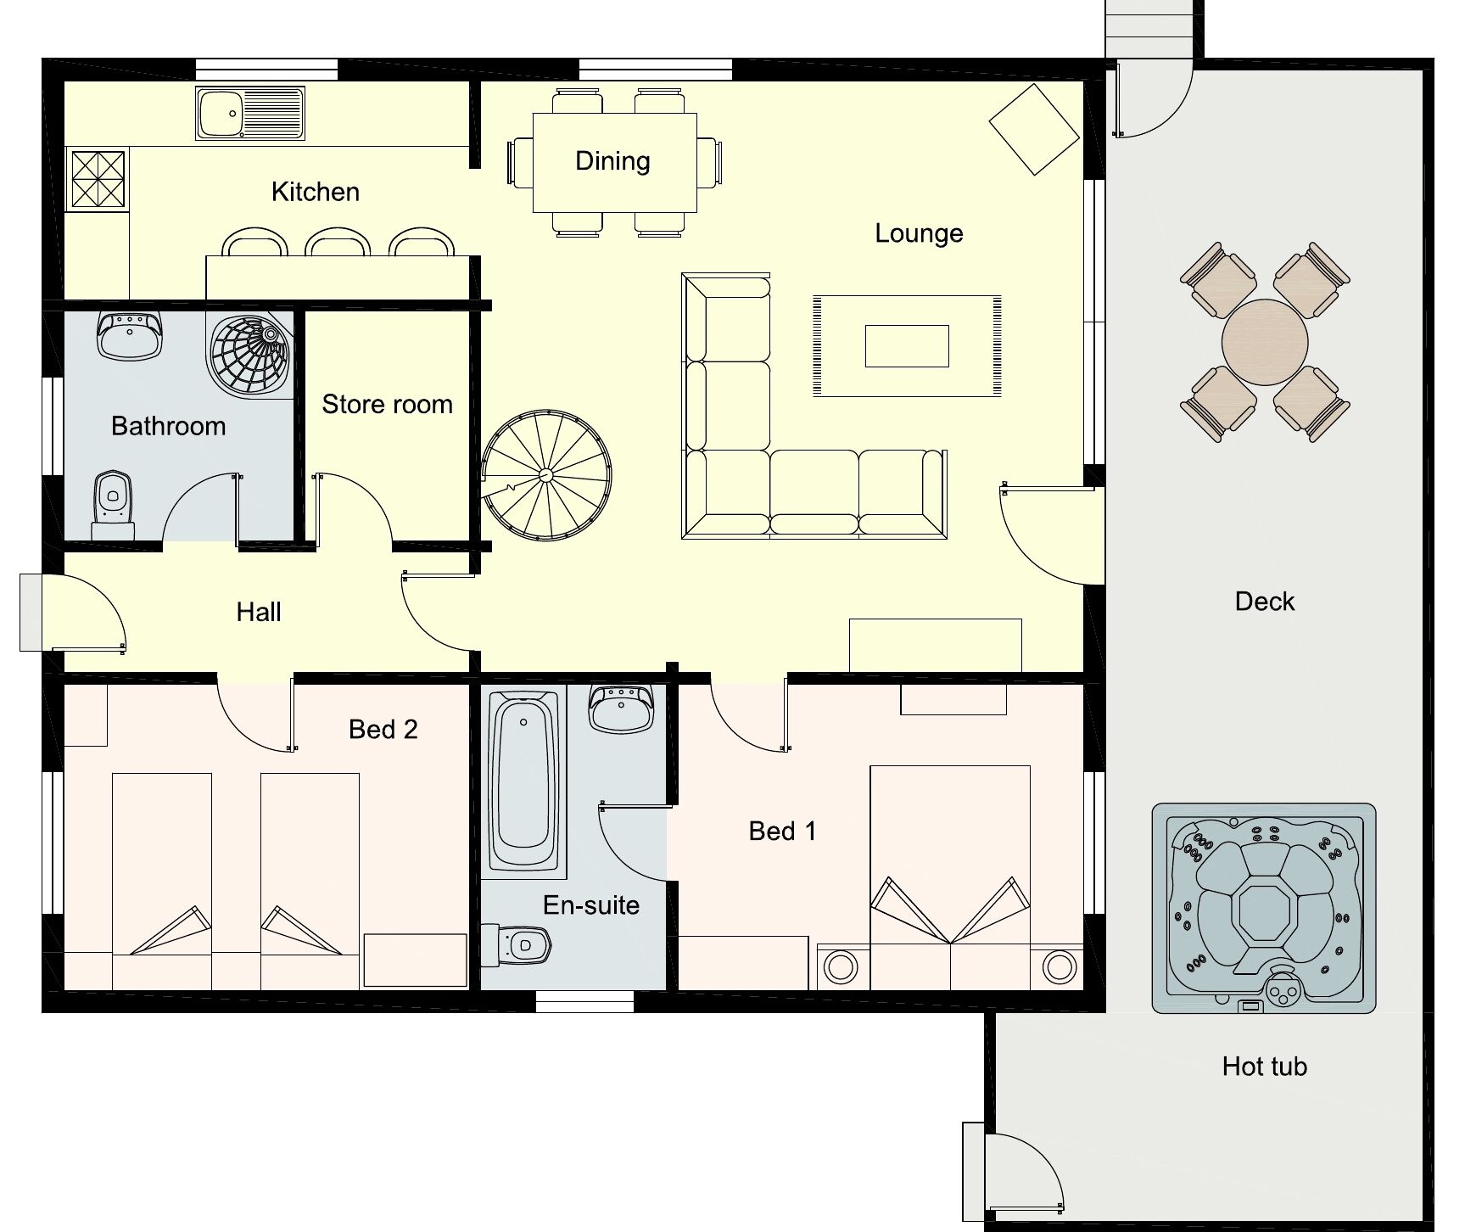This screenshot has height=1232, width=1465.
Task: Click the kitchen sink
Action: (249, 113)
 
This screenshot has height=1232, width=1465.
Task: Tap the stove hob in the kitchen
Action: (98, 179)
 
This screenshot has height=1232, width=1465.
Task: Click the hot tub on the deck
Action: (1264, 909)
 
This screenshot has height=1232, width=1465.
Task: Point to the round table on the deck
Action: (1264, 342)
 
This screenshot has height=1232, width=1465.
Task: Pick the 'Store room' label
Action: (387, 405)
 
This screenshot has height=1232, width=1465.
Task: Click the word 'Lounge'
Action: (919, 233)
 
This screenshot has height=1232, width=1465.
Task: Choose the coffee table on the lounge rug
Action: (907, 346)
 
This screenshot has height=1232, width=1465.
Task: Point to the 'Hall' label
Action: (259, 612)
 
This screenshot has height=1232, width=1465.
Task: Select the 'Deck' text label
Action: (1264, 602)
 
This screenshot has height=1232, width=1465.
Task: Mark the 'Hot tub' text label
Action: (1264, 1067)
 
